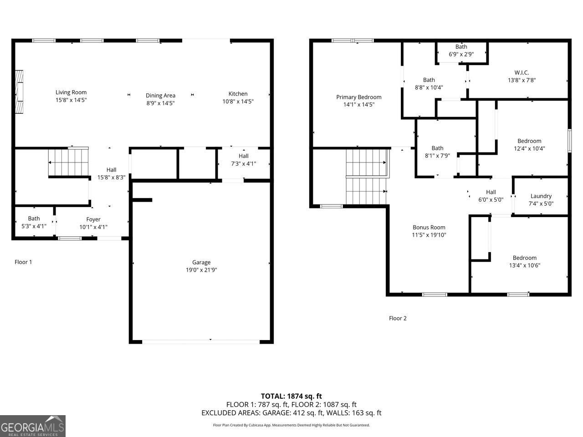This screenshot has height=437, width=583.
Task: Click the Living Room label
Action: click(x=71, y=92)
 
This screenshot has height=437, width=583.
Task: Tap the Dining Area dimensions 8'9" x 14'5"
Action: click(x=160, y=103)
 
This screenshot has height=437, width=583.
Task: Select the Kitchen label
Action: click(x=238, y=94)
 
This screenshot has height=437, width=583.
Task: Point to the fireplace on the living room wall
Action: click(x=19, y=92)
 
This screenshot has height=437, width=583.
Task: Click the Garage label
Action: click(x=201, y=262)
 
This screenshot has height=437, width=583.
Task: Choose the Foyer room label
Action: click(x=93, y=219)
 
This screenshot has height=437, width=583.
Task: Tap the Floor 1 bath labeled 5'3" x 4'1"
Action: click(x=34, y=222)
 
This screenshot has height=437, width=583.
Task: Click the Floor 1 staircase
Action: click(x=68, y=162)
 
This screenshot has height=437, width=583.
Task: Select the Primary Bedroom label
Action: click(x=359, y=97)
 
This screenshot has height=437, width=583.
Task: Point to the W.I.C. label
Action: click(x=522, y=72)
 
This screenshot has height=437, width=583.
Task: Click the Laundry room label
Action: click(x=541, y=196)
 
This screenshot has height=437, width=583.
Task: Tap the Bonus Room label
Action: click(x=429, y=228)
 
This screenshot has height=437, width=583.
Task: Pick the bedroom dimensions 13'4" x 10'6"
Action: click(x=525, y=265)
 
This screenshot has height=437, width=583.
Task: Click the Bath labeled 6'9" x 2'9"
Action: click(x=461, y=51)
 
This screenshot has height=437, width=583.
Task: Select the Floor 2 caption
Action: click(x=398, y=318)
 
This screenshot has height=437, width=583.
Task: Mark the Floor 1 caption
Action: click(x=23, y=262)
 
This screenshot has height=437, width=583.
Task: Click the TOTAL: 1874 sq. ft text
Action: click(x=291, y=396)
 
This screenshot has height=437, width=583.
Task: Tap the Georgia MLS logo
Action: click(x=33, y=426)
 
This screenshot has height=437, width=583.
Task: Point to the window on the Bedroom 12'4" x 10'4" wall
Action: click(x=569, y=140)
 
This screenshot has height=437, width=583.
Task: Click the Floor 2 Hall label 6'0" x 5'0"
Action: click(x=491, y=196)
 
